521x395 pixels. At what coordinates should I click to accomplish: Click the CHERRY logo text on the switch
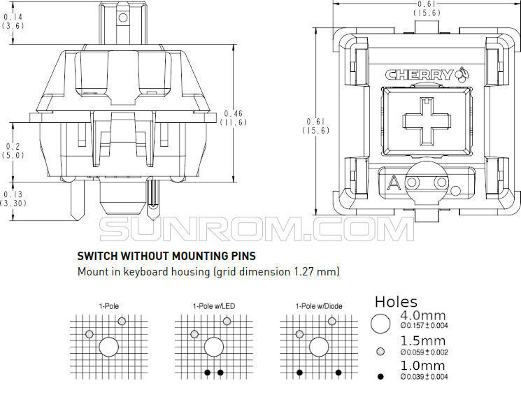(x=420, y=75)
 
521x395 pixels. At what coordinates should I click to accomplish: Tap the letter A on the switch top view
(x=394, y=182)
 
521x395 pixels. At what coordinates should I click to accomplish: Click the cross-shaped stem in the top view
(x=427, y=121)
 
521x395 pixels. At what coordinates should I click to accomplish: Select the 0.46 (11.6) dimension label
(x=234, y=118)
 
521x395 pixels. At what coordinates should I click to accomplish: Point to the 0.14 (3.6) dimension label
(x=13, y=21)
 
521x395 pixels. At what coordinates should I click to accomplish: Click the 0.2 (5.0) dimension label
(x=13, y=150)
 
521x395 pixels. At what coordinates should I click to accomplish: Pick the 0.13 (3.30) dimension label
(x=13, y=199)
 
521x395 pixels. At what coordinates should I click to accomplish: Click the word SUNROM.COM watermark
(x=257, y=229)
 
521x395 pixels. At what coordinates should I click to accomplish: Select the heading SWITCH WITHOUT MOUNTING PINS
(x=166, y=256)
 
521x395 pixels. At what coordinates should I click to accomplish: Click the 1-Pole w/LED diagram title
(x=214, y=306)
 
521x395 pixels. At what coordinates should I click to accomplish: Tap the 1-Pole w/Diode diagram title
(x=319, y=306)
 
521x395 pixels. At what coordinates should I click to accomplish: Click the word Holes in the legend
(x=396, y=301)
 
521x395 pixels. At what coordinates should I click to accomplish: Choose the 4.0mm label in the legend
(x=423, y=315)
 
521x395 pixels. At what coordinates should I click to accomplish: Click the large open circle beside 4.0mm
(x=380, y=324)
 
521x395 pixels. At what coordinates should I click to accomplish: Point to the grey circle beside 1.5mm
(x=380, y=352)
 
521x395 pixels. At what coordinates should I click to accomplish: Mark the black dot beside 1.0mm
(x=380, y=376)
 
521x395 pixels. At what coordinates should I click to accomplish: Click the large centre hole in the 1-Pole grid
(x=108, y=347)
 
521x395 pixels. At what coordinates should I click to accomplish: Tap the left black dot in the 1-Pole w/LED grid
(x=207, y=373)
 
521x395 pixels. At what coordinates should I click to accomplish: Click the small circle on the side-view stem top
(x=123, y=17)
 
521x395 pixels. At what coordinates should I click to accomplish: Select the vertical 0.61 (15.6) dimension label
(x=316, y=126)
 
